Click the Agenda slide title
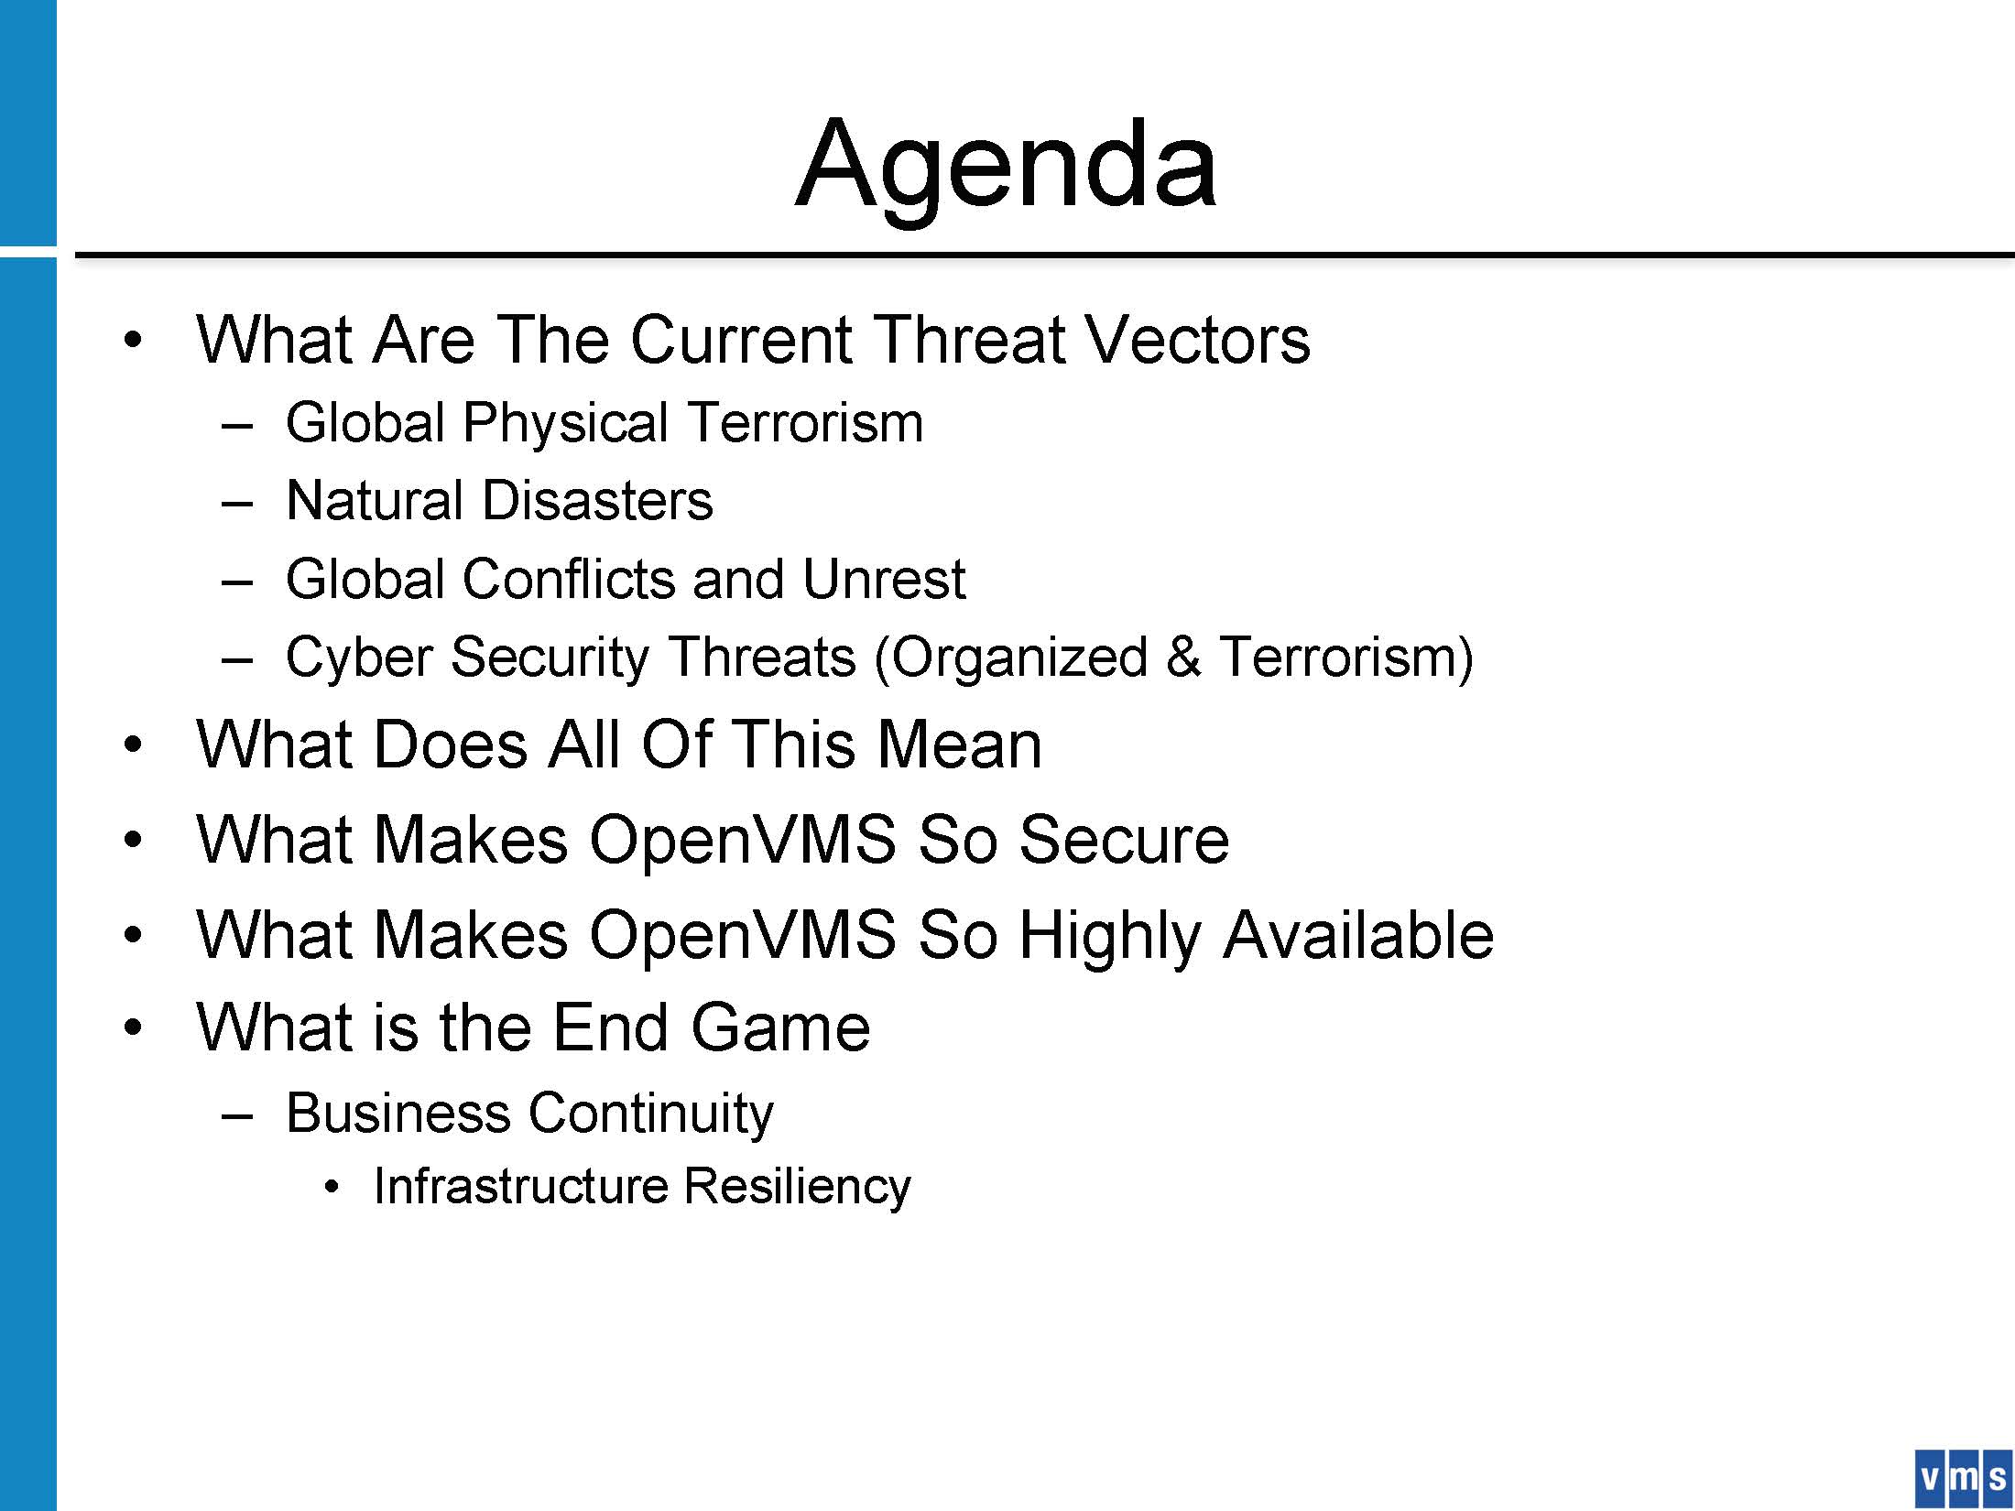tap(1006, 165)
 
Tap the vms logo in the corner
tap(1962, 1478)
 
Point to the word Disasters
tap(597, 501)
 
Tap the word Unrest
tap(883, 579)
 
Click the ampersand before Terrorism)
tap(1183, 658)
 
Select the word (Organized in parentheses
tap(1010, 658)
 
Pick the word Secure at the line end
tap(1124, 840)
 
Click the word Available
tap(1359, 935)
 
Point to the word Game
tap(780, 1027)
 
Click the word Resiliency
tap(798, 1188)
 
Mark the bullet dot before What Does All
tap(134, 745)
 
